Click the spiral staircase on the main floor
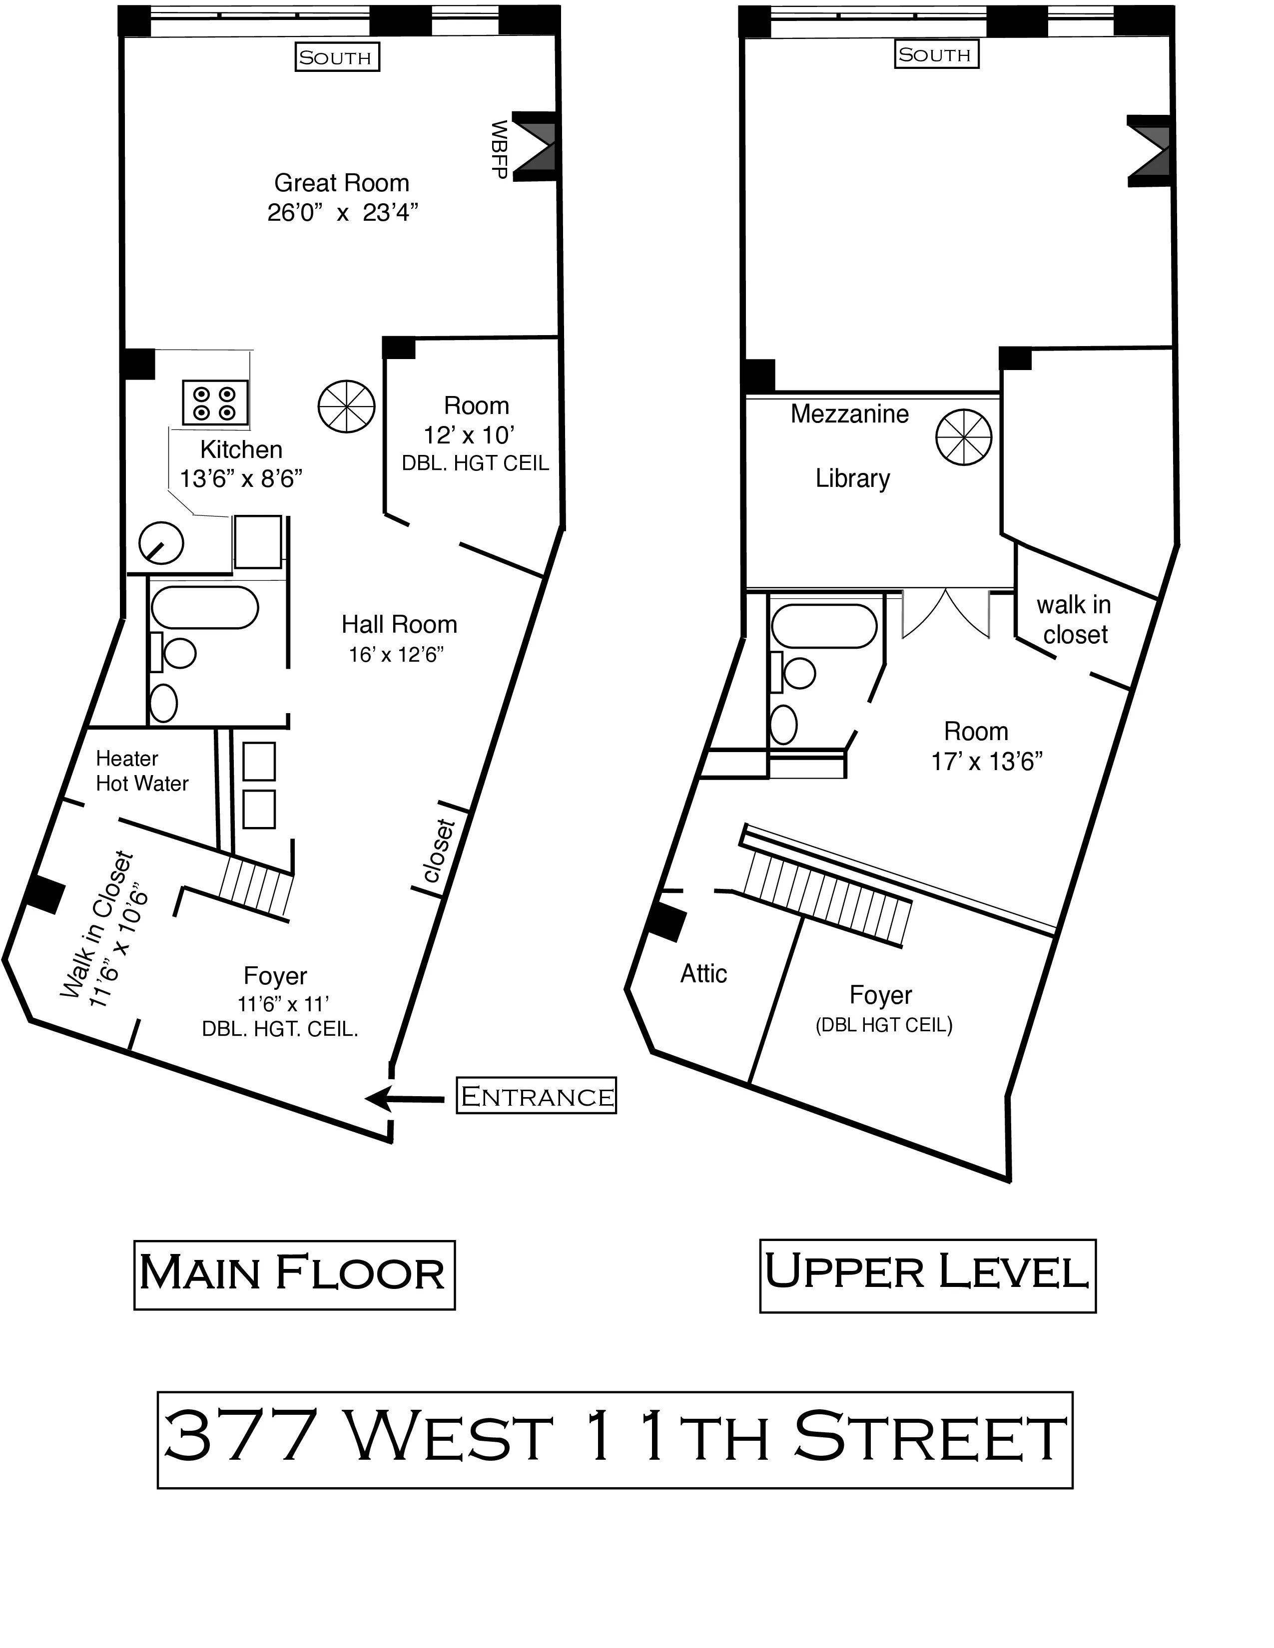click(x=346, y=406)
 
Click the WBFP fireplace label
click(x=498, y=149)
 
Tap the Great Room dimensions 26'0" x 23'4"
click(x=342, y=213)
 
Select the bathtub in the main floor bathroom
click(x=204, y=607)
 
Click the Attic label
click(x=703, y=973)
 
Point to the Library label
click(x=853, y=478)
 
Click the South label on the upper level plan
click(x=936, y=54)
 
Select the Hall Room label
click(x=399, y=625)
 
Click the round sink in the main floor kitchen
click(x=161, y=542)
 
